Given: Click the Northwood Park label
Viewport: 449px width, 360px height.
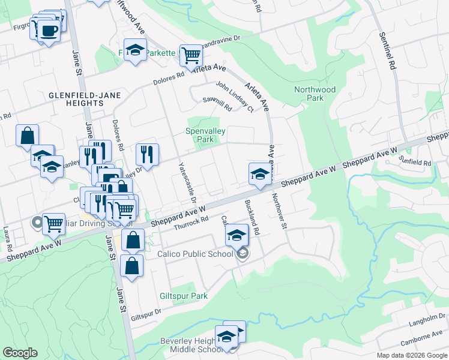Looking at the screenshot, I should coord(315,94).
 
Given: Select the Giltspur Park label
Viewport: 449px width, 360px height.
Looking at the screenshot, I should coord(184,296).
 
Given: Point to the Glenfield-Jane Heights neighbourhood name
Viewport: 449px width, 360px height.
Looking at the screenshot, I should coord(77,99).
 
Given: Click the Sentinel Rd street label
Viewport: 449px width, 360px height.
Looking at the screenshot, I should coord(385,52).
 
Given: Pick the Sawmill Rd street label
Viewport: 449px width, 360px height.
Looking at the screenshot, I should coord(217,106).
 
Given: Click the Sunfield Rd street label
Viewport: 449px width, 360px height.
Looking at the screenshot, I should coord(415,163).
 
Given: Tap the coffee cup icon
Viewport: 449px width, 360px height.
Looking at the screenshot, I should coord(48,31).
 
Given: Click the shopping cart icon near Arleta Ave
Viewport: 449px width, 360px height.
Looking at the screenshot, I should coord(191,56).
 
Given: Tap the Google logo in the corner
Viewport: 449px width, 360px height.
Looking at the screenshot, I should coord(20,353).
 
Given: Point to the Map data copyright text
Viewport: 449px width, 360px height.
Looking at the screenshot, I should coord(412,355).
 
